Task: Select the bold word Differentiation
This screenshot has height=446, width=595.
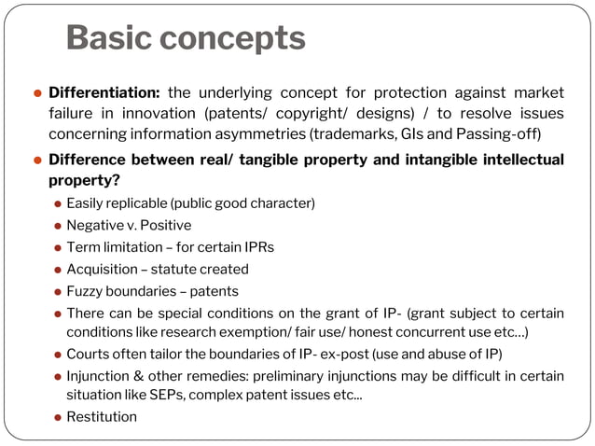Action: [104, 92]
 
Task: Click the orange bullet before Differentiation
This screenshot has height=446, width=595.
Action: [37, 93]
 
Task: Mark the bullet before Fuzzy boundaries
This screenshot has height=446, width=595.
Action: [57, 292]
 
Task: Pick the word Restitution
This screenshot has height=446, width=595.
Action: [102, 416]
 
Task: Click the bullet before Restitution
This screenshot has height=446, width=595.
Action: [57, 417]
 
